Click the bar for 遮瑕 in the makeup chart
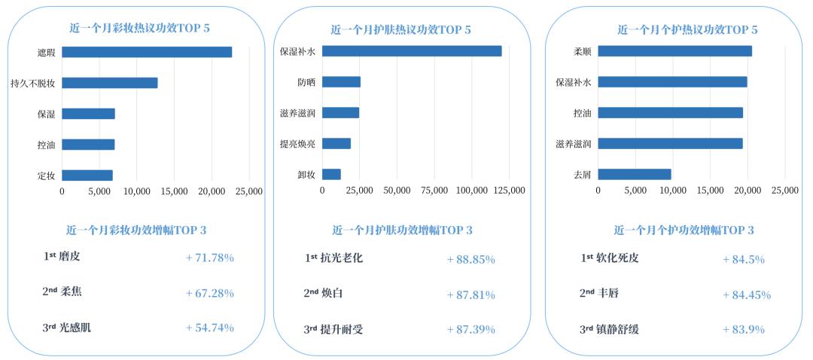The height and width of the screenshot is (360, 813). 147,52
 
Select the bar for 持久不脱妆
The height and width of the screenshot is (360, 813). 110,83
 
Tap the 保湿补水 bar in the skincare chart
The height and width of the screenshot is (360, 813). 412,51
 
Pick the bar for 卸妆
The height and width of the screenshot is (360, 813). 331,175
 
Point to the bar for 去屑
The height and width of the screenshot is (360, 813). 635,174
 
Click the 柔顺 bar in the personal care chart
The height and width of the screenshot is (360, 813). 674,51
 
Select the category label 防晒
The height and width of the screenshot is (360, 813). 306,82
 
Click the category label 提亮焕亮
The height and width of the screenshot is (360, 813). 297,144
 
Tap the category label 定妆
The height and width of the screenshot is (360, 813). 46,175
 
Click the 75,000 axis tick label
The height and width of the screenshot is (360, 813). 434,191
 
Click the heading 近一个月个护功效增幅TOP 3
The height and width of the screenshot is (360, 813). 684,230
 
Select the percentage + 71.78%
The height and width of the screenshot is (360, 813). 209,258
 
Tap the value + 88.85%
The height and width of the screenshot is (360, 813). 470,259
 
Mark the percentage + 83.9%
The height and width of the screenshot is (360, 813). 743,330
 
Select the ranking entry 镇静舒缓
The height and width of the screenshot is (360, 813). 620,329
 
